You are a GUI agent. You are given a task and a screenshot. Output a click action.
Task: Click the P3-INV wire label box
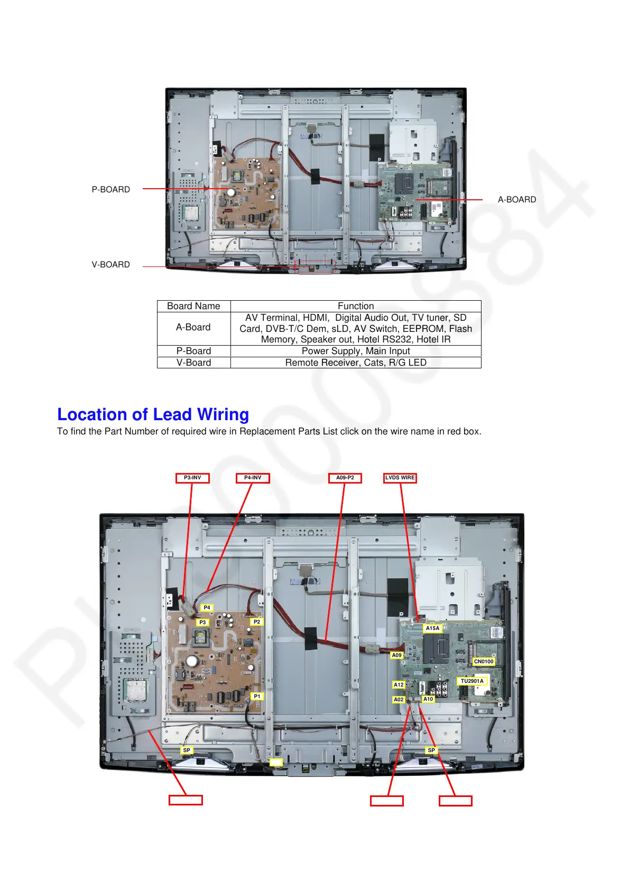[192, 478]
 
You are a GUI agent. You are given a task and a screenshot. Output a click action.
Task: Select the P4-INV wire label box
[253, 478]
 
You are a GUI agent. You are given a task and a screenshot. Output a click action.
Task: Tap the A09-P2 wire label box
[345, 478]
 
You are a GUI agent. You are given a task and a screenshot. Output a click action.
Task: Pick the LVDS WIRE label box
[400, 478]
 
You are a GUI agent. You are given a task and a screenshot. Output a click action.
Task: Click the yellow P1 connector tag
[257, 696]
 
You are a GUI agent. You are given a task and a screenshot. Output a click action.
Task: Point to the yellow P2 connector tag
[257, 622]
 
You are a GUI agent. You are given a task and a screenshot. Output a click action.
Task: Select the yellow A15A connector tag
[432, 628]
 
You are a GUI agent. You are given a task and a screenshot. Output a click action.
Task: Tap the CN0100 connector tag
[484, 661]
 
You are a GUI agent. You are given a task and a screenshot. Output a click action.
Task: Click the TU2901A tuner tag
[472, 681]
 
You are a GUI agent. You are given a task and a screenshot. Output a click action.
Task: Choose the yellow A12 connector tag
[399, 684]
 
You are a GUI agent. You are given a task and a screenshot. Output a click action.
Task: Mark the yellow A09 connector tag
[396, 655]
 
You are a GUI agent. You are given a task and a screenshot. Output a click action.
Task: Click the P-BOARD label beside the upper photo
[111, 189]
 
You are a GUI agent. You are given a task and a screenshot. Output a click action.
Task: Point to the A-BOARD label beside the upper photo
[517, 199]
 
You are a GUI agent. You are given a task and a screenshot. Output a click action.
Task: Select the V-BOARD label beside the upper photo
[111, 264]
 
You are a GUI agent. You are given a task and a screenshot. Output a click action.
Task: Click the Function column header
[356, 306]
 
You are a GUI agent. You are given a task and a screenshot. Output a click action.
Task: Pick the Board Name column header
[193, 306]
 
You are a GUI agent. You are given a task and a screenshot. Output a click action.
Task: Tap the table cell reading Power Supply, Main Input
[356, 351]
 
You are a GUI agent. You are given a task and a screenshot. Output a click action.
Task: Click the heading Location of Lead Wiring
[153, 414]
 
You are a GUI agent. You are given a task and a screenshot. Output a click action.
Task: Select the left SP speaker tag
[187, 750]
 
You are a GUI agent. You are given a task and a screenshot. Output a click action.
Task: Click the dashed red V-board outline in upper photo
[316, 266]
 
